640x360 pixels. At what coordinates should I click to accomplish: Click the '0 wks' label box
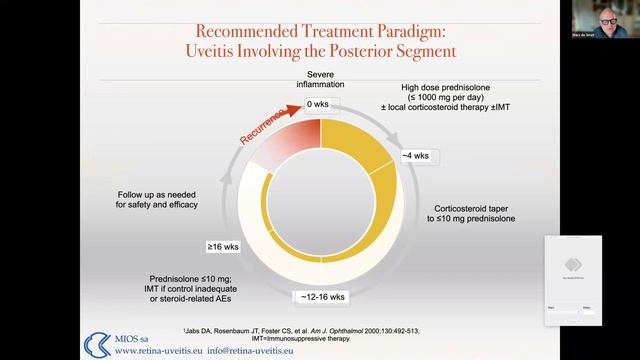(318, 104)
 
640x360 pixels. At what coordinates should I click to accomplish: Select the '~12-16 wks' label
(321, 297)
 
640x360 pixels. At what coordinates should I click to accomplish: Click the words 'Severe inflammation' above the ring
(319, 80)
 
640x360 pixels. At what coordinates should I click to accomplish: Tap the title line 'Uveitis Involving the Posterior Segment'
(318, 49)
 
